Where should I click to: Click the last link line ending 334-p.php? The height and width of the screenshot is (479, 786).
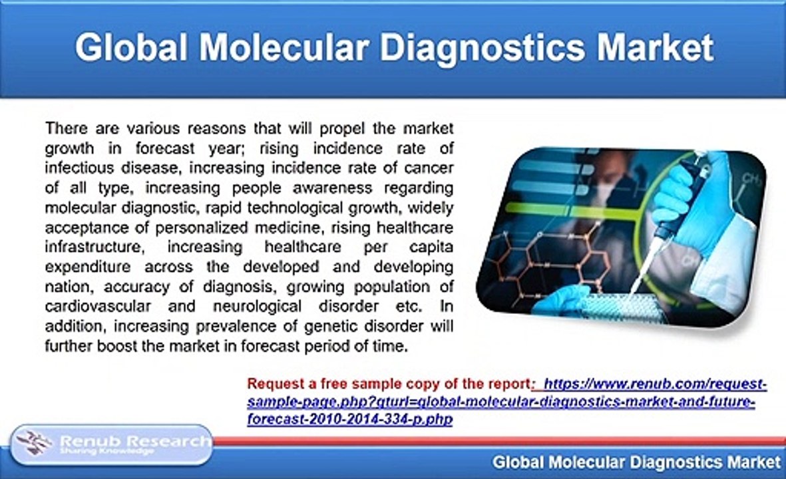[349, 420]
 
